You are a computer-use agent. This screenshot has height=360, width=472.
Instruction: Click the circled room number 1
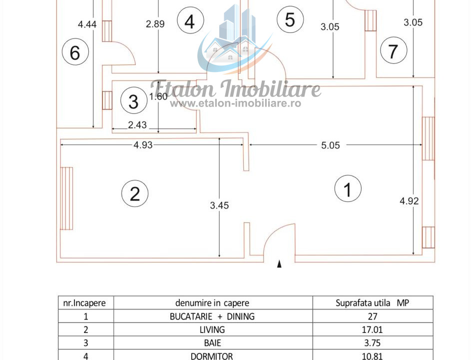pos(348,188)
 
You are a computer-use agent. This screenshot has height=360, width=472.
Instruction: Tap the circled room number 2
pos(135,193)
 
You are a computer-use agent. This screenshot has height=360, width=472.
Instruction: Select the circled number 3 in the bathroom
pos(134,100)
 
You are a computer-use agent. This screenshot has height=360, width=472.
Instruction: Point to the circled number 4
pos(190,20)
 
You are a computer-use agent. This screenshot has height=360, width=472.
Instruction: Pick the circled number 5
pos(290,19)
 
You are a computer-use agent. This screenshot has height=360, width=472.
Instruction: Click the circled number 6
pos(75,51)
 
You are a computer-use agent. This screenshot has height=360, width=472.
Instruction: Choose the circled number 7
pos(394,50)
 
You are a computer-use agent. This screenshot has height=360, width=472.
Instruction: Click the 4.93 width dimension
pos(143,145)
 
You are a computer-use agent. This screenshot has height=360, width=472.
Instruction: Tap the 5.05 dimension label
pos(330,145)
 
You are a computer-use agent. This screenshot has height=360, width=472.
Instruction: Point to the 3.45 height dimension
pos(219,205)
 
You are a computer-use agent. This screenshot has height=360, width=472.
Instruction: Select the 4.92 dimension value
pos(409,200)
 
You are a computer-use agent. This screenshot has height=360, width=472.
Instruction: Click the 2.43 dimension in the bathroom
pos(137,124)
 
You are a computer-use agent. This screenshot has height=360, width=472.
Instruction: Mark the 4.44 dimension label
pos(87,24)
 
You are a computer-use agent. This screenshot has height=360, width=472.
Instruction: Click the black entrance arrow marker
pos(279,264)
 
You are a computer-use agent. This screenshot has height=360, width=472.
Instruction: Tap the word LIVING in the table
pos(212,329)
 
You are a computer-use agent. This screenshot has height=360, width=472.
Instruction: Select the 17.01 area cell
pos(373,329)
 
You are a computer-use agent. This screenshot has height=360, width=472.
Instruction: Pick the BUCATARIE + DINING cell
pos(212,316)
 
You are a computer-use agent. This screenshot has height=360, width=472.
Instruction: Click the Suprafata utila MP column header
pos(373,303)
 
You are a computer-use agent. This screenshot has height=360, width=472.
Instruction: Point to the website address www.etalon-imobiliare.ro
pos(235,103)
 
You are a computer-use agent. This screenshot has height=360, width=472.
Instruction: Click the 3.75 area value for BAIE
pos(373,343)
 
